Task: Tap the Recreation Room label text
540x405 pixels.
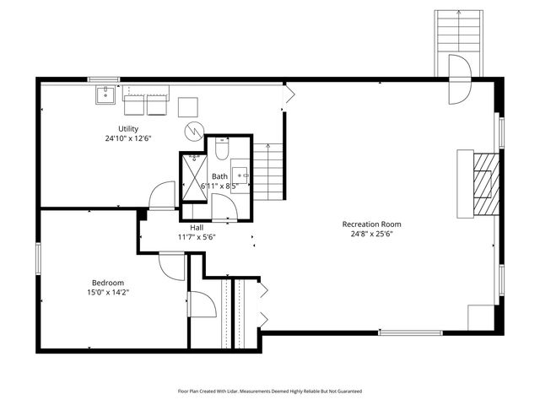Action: (x=371, y=224)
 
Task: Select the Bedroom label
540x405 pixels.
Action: (x=108, y=283)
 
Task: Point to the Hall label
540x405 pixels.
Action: (x=197, y=228)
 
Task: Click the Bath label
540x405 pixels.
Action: (x=219, y=175)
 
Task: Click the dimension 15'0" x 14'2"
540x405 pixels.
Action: (x=108, y=292)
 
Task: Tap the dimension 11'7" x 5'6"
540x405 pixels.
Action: (x=197, y=237)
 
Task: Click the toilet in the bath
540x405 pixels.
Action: (x=221, y=150)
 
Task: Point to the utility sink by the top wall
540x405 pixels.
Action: (x=105, y=94)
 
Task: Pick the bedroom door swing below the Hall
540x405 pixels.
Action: (x=172, y=266)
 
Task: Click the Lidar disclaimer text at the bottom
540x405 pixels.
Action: (x=270, y=391)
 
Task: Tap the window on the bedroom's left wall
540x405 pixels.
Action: (x=37, y=257)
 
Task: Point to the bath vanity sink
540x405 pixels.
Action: (x=240, y=175)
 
